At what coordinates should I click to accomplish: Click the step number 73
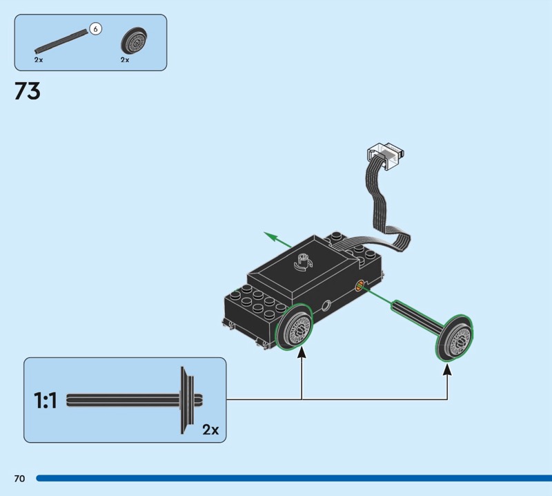[x=28, y=91]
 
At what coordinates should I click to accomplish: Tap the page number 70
[x=19, y=479]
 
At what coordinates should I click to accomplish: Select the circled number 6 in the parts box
[x=95, y=29]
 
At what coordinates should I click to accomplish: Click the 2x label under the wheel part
[x=125, y=60]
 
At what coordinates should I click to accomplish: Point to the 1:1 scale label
[x=46, y=400]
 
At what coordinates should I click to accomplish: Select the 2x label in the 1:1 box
[x=210, y=430]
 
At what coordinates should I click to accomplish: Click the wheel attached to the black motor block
[x=296, y=327]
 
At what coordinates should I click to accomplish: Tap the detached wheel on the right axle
[x=455, y=338]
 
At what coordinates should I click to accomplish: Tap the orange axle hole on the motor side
[x=359, y=285]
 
